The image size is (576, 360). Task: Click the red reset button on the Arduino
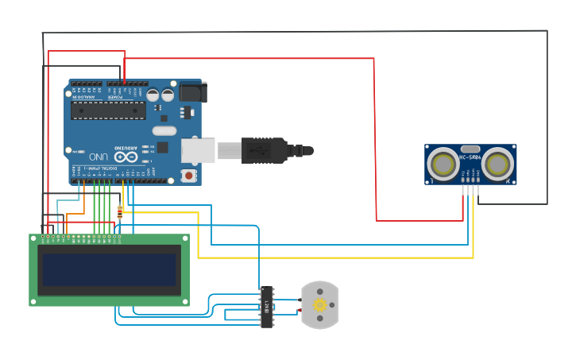(x=188, y=175)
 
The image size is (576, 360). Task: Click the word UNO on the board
(x=99, y=156)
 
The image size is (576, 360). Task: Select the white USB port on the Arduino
(x=198, y=150)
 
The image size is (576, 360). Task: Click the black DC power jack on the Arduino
(x=191, y=92)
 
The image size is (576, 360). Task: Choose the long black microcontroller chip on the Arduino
(x=108, y=110)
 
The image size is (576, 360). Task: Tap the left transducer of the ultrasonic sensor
(x=443, y=165)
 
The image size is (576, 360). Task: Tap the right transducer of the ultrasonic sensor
(x=498, y=165)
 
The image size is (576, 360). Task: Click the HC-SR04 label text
(x=470, y=157)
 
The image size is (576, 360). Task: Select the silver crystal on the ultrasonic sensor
(x=470, y=149)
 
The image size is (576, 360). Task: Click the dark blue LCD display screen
(x=109, y=269)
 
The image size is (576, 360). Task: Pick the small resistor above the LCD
(x=120, y=211)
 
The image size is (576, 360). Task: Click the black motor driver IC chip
(x=267, y=307)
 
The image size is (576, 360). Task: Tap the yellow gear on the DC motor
(x=320, y=305)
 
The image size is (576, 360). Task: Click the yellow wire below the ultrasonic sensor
(x=474, y=230)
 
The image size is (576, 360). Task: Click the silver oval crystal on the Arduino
(x=164, y=130)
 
